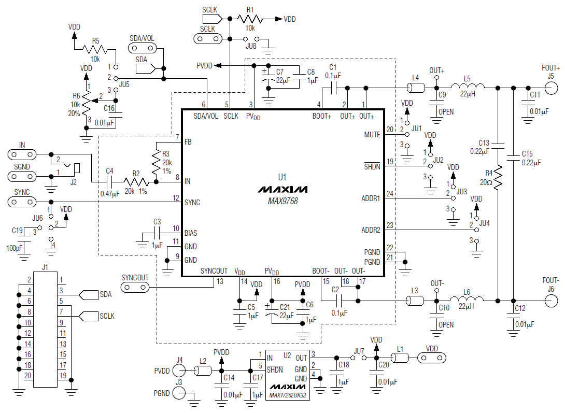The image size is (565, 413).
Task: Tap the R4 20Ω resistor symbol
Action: coord(498,177)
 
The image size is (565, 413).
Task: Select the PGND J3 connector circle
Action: coord(179,393)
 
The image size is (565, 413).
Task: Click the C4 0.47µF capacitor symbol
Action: coord(109,182)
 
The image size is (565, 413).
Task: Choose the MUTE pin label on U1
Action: coord(372,135)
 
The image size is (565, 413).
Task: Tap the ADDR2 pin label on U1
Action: coord(370,230)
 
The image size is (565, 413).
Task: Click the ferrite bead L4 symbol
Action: coord(416,87)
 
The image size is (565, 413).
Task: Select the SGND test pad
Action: coord(22,176)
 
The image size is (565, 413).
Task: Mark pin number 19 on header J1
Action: coord(62,376)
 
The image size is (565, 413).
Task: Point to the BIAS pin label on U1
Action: coord(191,233)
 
